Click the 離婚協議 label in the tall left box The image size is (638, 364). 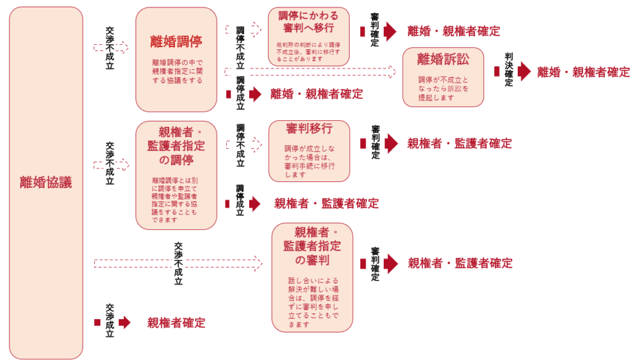pos(46,183)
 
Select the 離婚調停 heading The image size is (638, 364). pos(176,42)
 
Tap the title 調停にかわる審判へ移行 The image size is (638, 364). pos(308,22)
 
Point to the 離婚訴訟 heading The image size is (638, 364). pos(443,59)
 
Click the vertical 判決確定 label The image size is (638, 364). pos(509,70)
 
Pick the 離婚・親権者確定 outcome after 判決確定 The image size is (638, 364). pos(584,72)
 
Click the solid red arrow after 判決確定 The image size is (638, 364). pos(524,72)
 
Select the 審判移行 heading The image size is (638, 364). pos(309,129)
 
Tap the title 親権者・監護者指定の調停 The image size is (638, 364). pos(176,146)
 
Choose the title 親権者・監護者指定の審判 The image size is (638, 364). pos(312,246)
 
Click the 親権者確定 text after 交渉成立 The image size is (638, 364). pos(176,323)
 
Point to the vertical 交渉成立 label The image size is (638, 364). pos(110,321)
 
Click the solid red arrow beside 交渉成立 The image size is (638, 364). pos(125,322)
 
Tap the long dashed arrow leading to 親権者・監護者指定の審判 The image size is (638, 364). pos(178,263)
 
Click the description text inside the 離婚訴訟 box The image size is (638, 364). pos(443,89)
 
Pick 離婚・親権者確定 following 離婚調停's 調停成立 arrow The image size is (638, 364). pos(317,94)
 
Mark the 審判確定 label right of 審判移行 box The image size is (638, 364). pos(375,142)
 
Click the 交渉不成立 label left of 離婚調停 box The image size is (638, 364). pos(110,48)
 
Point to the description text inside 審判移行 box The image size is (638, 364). pos(309,161)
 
